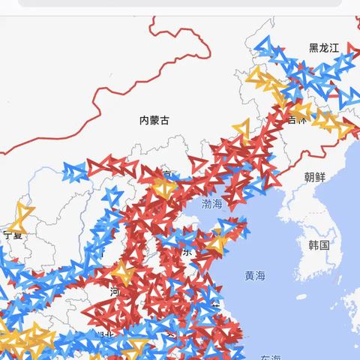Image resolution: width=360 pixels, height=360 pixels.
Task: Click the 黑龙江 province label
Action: click(324, 48)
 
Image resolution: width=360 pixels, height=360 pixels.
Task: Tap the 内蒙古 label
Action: click(154, 120)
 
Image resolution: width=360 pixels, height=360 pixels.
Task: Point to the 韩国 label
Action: click(319, 245)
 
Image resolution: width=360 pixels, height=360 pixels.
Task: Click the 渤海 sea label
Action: click(211, 203)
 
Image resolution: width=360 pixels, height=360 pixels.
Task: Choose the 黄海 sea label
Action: click(254, 275)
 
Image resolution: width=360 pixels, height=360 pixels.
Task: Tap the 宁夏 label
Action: click(13, 235)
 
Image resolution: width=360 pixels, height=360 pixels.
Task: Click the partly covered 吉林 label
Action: click(298, 120)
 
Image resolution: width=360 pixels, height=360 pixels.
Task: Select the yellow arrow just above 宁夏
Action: click(22, 217)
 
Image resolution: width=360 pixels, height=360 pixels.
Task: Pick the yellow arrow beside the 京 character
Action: click(162, 187)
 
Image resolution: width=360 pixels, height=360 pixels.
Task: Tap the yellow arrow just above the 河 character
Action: click(123, 274)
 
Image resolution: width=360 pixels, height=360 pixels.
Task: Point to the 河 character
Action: click(115, 290)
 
